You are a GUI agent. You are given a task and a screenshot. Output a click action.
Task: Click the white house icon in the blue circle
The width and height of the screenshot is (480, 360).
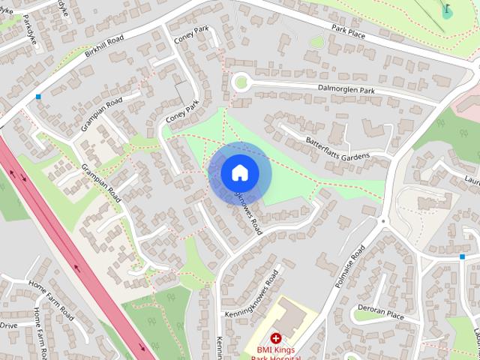click(239, 172)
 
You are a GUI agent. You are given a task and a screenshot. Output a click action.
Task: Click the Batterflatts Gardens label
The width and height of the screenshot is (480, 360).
click(337, 148)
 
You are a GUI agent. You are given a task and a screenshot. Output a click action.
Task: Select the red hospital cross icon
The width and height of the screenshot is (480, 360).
click(276, 339)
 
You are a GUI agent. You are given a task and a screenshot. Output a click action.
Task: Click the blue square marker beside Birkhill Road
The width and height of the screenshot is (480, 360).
click(37, 97)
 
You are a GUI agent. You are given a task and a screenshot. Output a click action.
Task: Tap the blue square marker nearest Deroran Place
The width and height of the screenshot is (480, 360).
click(462, 257)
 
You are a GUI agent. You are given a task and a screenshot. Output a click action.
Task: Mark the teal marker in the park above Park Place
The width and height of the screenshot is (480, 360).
click(447, 11)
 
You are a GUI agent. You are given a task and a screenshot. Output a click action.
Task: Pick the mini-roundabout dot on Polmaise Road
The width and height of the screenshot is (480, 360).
click(382, 220)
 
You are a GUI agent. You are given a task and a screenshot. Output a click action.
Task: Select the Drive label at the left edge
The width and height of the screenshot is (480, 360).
click(8, 325)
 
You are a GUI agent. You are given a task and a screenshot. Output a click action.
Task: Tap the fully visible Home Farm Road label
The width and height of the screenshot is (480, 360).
click(51, 298)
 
